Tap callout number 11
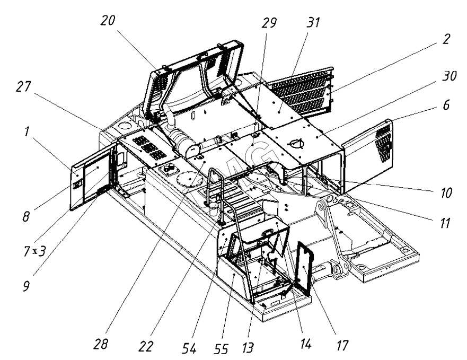442,223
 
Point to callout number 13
251,347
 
